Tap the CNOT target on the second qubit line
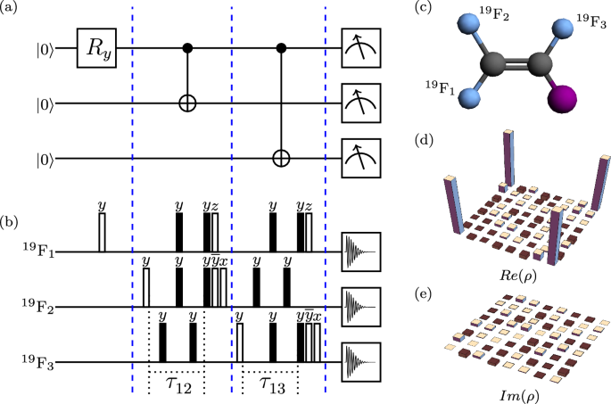pos(188,103)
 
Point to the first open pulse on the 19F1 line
pos(101,232)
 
